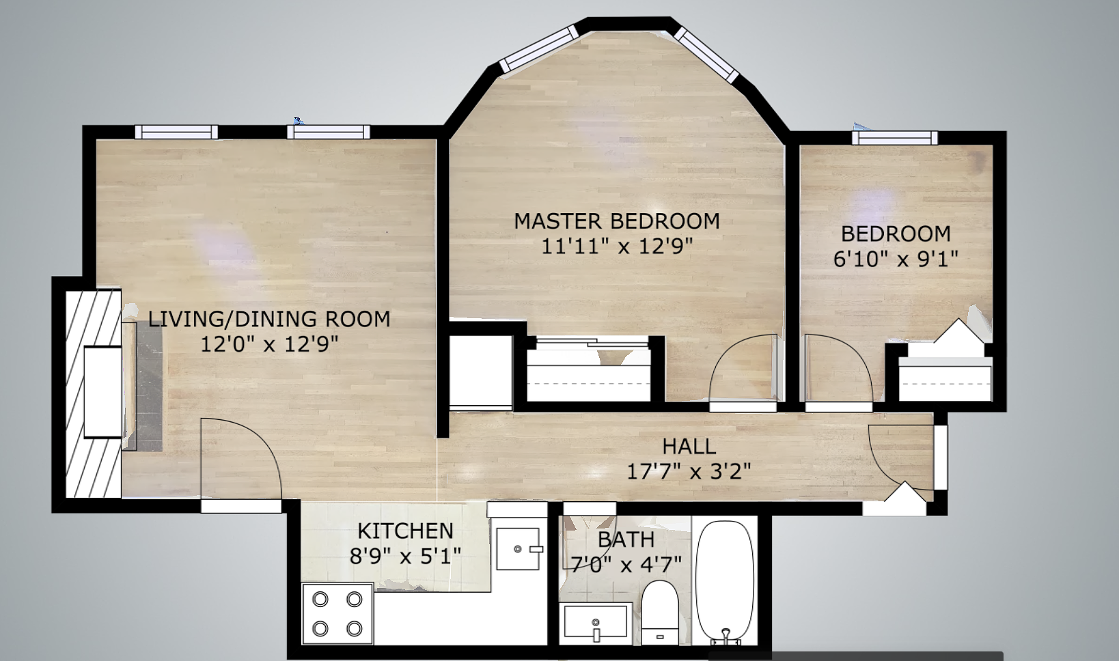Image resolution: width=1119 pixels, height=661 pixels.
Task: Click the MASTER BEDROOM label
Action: (x=617, y=221)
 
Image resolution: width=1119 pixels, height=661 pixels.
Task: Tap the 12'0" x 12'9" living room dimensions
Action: (x=269, y=344)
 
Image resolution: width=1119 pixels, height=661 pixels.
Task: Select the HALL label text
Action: (x=689, y=447)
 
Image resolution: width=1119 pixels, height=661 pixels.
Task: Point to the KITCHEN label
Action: (x=406, y=531)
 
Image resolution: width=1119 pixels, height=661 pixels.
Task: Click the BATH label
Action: (x=626, y=539)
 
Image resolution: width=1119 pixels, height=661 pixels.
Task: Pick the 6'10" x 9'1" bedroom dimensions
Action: (x=896, y=259)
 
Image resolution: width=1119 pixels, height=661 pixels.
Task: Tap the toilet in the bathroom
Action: (x=659, y=612)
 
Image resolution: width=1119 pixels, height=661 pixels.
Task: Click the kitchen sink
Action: (x=519, y=548)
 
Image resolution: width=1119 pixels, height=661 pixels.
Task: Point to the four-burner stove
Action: (x=337, y=614)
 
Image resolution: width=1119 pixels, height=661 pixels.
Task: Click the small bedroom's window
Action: (x=895, y=138)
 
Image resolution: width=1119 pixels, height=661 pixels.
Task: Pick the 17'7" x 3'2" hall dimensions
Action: (x=689, y=470)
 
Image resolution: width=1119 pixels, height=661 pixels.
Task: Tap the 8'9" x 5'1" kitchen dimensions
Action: (x=405, y=556)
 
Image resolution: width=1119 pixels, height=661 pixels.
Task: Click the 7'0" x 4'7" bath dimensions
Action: (x=626, y=565)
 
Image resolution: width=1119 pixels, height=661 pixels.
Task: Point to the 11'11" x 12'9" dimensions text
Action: (x=617, y=246)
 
